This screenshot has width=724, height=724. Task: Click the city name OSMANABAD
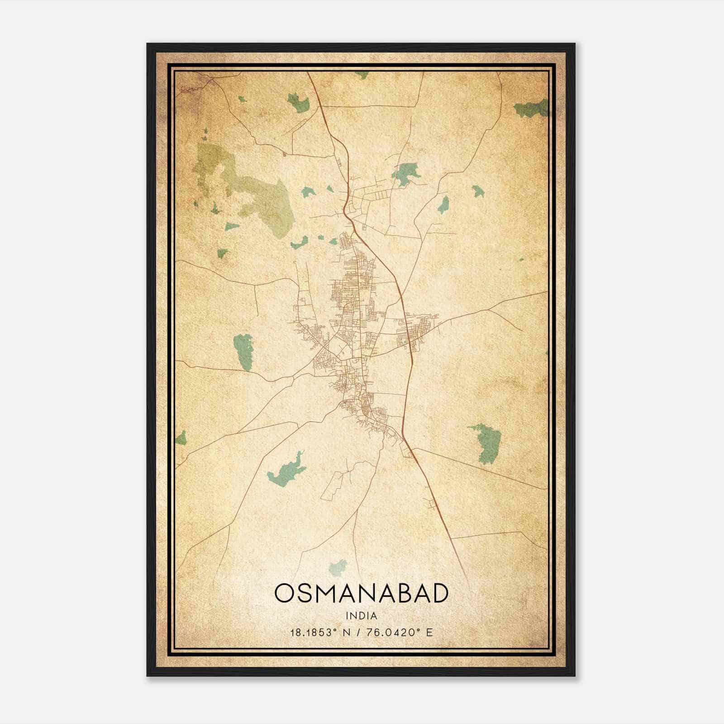[x=362, y=594]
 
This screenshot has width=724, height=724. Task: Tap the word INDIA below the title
[x=362, y=616]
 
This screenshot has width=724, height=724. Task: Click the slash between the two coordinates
[x=358, y=632]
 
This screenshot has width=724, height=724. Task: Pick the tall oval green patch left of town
[x=243, y=352]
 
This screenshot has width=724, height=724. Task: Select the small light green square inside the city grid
[x=364, y=324]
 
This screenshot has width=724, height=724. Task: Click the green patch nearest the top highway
[x=298, y=103]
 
